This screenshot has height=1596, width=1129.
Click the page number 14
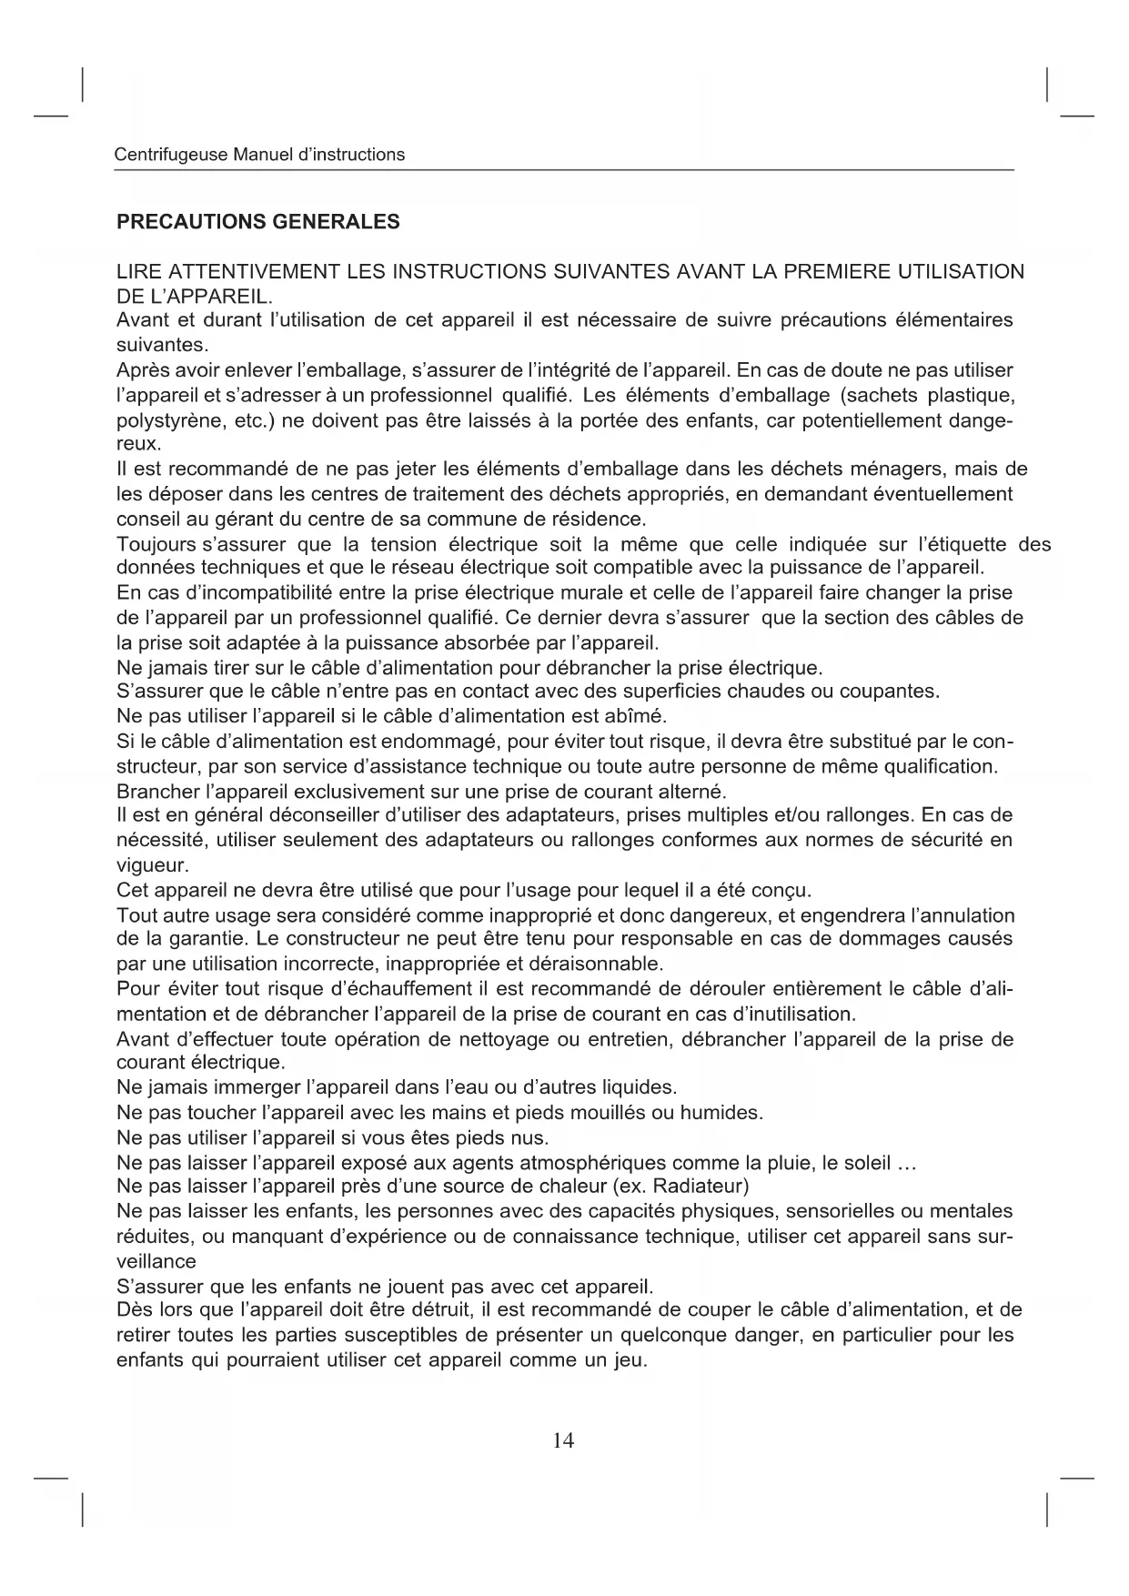coord(563,1439)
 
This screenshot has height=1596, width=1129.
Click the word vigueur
coord(150,864)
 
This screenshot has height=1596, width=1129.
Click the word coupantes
coord(890,692)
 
